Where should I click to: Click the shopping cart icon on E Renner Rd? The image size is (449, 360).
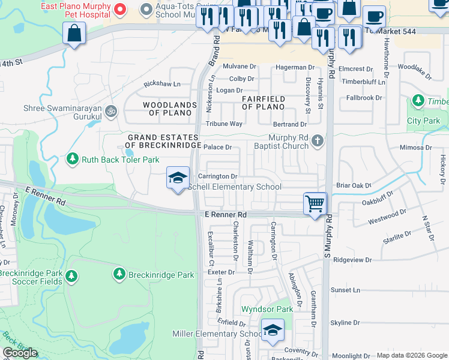tap(315, 204)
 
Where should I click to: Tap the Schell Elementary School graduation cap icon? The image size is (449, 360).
tap(177, 178)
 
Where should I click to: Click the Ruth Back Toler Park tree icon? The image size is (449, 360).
tap(73, 159)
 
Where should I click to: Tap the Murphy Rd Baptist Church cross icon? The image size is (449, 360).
tap(318, 142)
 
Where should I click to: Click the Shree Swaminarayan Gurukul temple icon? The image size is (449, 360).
tap(110, 111)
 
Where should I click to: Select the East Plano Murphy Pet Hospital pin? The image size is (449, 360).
tap(119, 10)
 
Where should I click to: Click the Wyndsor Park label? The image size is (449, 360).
tap(267, 310)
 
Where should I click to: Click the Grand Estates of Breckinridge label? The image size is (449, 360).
tap(163, 142)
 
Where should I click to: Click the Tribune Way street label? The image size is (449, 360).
tap(224, 124)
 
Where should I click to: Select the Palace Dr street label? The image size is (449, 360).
tap(217, 147)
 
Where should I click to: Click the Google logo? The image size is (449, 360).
tap(20, 353)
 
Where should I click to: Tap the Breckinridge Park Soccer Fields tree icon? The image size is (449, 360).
tap(71, 276)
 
